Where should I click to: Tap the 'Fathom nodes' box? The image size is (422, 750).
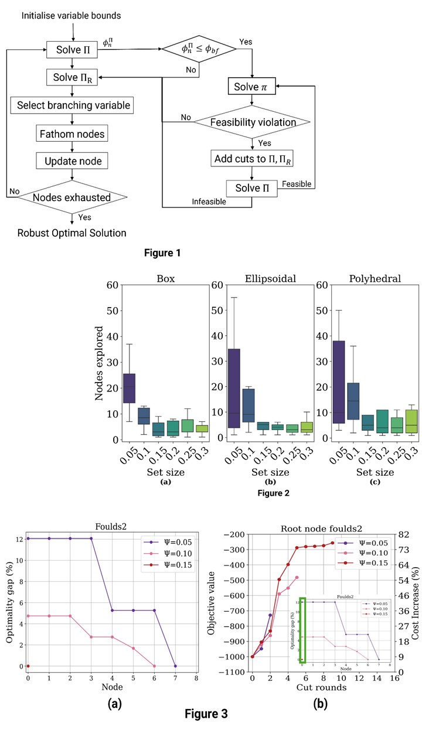[72, 134]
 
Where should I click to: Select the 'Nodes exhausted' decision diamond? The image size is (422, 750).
[72, 197]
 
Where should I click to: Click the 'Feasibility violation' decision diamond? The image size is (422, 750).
[252, 122]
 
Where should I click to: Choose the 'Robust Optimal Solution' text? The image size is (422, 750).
[72, 233]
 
